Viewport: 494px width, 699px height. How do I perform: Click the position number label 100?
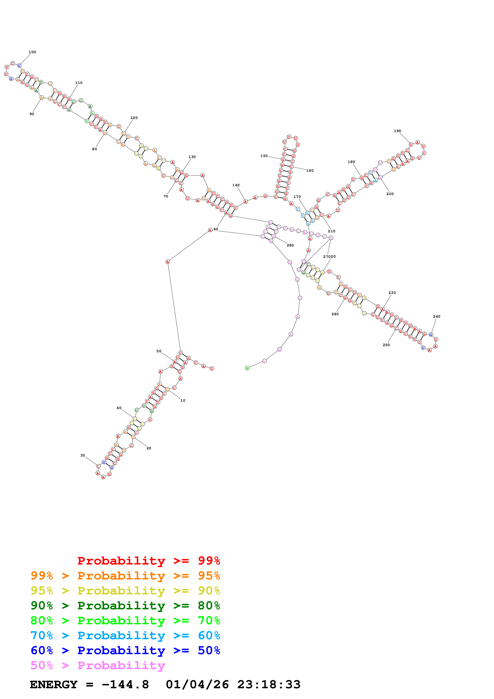[32, 52]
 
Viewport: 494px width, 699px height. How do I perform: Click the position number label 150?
[264, 156]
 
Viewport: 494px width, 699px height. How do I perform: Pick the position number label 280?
[290, 245]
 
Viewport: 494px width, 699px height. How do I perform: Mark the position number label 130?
[192, 157]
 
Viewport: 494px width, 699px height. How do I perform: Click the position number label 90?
[32, 114]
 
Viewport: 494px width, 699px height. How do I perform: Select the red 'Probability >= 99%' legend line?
[148, 561]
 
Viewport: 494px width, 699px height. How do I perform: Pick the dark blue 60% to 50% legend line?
[125, 650]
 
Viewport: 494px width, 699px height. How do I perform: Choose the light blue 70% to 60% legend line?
[125, 635]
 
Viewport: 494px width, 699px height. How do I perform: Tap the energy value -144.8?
[125, 684]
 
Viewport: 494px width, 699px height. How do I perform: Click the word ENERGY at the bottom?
[54, 684]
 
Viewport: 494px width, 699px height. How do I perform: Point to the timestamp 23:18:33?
[269, 684]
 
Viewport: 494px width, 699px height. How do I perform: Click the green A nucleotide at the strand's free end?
[247, 368]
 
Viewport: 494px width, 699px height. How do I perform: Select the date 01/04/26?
[197, 684]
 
